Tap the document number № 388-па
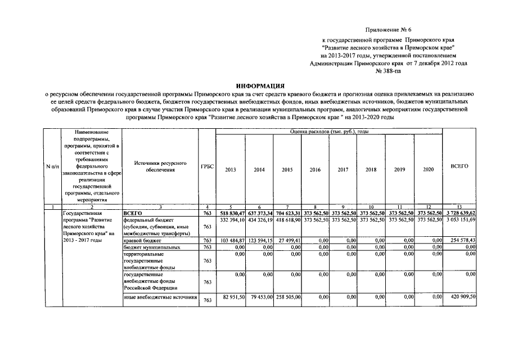388,72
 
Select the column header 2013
231,169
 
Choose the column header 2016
315,169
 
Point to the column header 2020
428,169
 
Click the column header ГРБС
207,167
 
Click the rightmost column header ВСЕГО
460,167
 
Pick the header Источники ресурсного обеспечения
160,166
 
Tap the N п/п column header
53,167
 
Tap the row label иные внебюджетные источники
160,297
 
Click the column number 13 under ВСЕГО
460,208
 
